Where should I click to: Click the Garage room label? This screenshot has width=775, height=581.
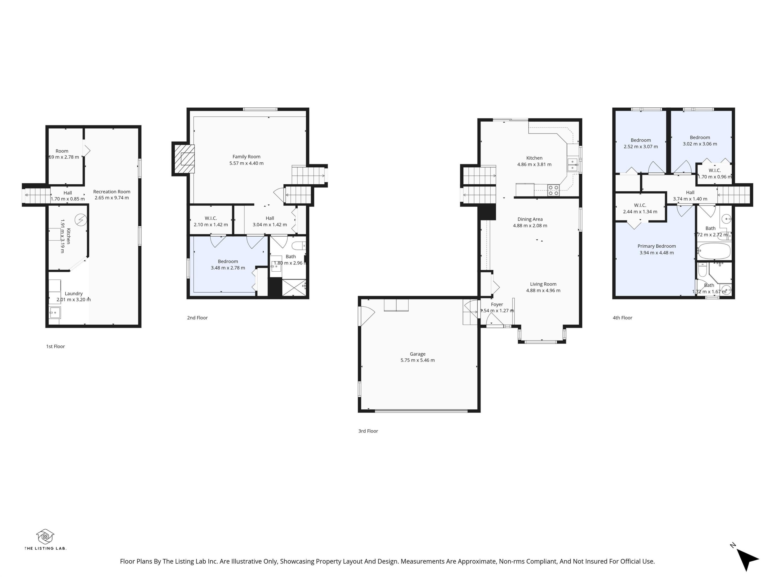click(417, 354)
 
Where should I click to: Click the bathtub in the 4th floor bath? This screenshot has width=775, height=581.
click(714, 251)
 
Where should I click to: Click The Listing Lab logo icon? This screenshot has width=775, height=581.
click(45, 536)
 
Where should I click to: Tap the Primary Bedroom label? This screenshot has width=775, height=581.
click(656, 246)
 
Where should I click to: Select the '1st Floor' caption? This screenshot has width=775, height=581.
click(55, 346)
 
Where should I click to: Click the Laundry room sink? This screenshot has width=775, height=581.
click(55, 312)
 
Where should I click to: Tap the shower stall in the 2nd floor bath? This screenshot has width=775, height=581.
click(294, 287)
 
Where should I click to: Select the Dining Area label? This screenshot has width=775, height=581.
click(530, 219)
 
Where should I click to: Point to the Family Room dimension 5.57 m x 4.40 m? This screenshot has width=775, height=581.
click(246, 163)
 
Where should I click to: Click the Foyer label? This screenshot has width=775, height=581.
click(497, 305)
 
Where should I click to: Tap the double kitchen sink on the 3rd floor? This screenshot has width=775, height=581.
click(572, 164)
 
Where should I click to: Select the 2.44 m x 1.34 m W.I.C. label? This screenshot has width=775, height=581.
click(640, 211)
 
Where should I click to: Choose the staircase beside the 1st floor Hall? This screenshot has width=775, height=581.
click(37, 196)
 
